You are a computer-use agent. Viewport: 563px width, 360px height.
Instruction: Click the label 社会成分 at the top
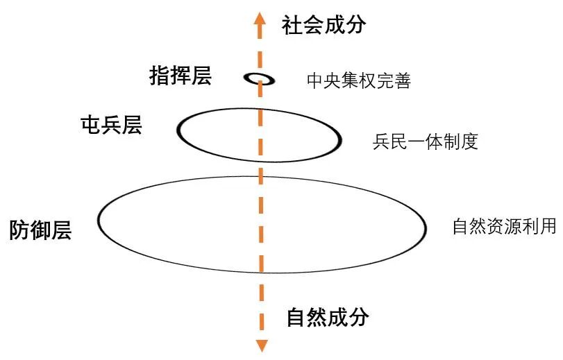323,26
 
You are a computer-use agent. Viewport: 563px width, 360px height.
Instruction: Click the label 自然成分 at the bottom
328,318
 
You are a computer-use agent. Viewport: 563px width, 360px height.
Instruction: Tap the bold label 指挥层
180,75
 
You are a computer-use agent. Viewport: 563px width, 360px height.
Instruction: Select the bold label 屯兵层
111,126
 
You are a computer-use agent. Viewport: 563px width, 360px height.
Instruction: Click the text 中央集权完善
359,81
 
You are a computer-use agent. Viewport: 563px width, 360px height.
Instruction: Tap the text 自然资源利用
503,227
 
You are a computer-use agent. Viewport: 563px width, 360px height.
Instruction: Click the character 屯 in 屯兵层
91,126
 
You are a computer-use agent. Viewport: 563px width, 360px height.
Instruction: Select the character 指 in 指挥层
160,75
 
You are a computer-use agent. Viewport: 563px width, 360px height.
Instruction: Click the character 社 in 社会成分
292,26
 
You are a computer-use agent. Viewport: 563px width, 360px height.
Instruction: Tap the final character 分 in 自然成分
359,318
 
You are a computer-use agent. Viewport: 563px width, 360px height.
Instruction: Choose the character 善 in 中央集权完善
403,81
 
